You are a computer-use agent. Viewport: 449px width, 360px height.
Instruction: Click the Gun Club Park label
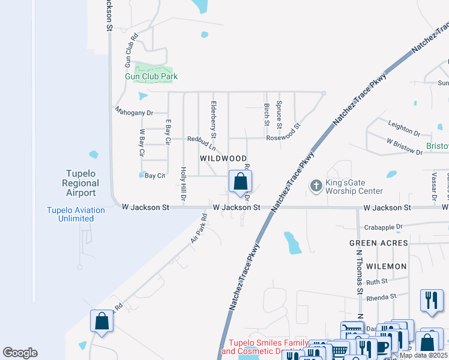click(151, 76)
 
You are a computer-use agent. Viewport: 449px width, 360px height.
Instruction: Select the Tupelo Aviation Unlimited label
click(76, 214)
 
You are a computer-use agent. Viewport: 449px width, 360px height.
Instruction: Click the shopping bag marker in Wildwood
click(240, 182)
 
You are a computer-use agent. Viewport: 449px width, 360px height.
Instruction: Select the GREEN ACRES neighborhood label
click(379, 243)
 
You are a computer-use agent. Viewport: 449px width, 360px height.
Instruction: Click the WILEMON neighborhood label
click(387, 266)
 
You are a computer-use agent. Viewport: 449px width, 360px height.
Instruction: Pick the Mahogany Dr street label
click(134, 112)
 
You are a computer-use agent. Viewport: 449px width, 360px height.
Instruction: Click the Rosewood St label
click(284, 133)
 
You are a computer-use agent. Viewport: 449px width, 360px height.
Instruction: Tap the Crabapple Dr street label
click(383, 227)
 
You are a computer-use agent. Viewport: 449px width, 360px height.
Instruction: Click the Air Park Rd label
click(199, 227)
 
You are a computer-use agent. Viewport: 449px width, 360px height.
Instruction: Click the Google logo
click(20, 353)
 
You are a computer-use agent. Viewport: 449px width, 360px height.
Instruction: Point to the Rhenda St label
click(382, 296)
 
